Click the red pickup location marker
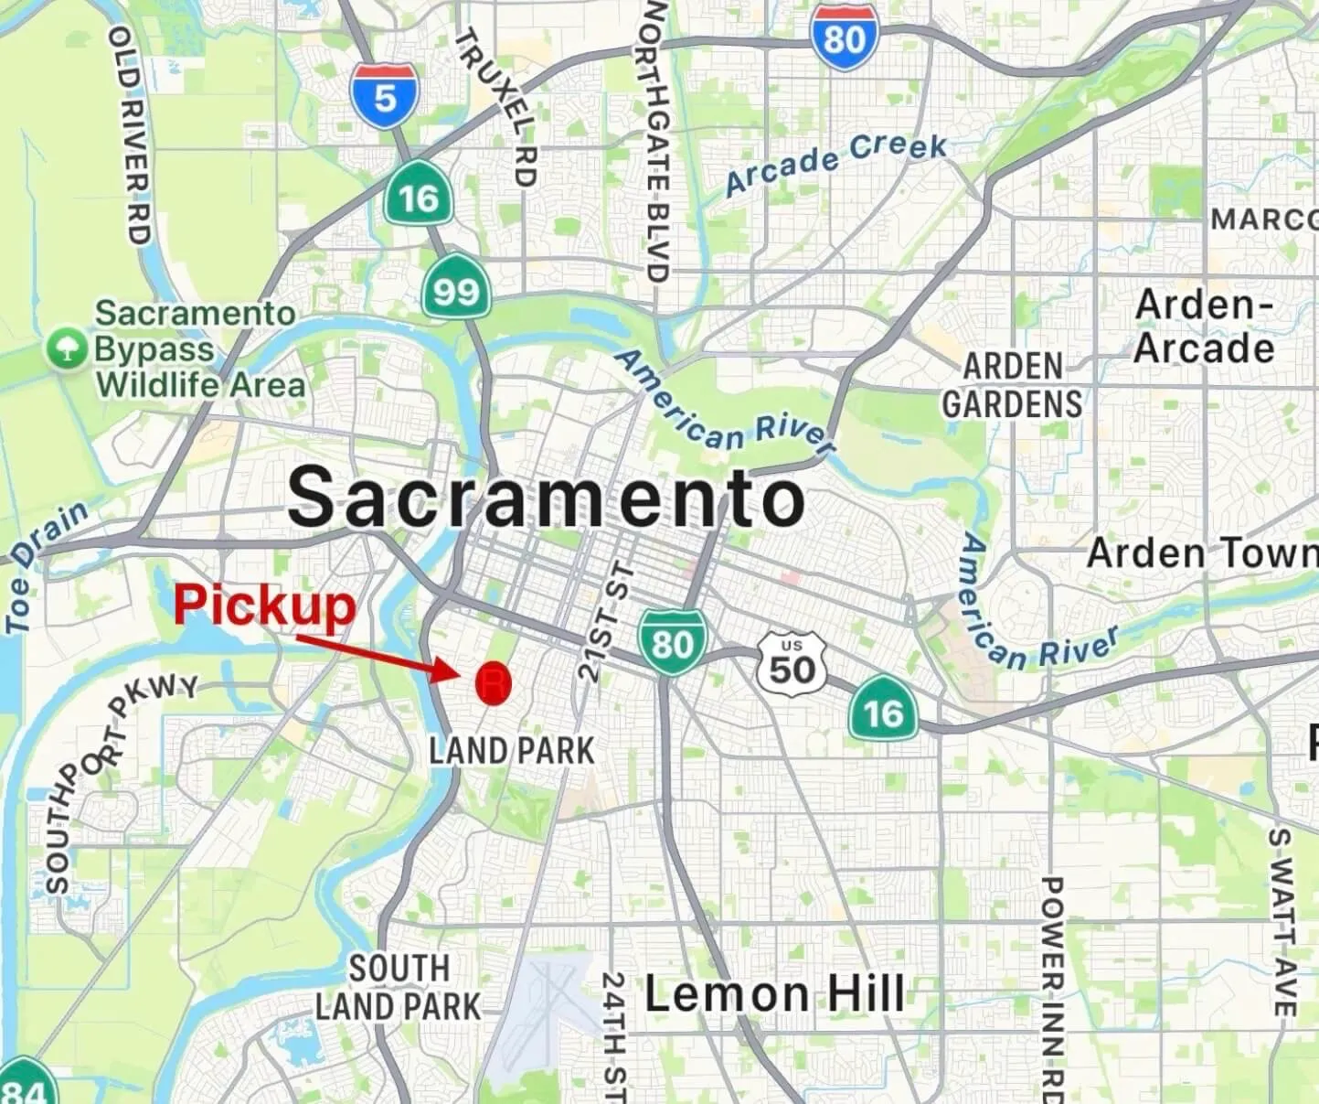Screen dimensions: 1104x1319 [494, 682]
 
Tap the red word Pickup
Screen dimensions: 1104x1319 [264, 606]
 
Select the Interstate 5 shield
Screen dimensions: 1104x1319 [384, 95]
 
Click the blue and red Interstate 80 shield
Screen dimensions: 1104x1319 [844, 38]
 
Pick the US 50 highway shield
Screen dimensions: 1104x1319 [792, 664]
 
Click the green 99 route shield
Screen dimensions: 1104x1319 [455, 290]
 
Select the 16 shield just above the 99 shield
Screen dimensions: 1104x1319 [418, 196]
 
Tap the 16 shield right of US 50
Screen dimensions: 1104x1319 [883, 710]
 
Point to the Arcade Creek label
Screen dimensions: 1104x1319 [835, 162]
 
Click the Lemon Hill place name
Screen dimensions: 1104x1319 [775, 993]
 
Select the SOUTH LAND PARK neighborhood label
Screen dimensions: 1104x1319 [399, 988]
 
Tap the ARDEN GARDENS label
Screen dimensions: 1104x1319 [1012, 385]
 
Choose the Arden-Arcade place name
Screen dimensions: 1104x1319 [1204, 327]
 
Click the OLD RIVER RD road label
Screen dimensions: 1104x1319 [130, 135]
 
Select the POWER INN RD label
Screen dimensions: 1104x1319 [1051, 987]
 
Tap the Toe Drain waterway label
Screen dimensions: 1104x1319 [46, 565]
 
